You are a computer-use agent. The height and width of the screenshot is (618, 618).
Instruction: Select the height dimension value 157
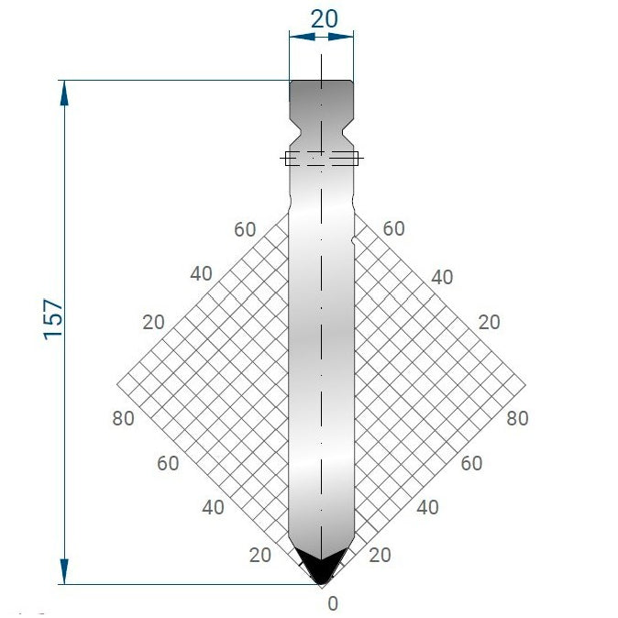(x=53, y=318)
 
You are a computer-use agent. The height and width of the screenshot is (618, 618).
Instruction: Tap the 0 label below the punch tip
(x=333, y=603)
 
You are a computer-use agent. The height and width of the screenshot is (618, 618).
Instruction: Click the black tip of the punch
(x=321, y=568)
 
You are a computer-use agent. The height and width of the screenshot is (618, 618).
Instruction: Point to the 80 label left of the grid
(x=123, y=418)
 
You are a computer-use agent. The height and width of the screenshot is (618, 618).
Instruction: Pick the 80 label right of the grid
(x=517, y=418)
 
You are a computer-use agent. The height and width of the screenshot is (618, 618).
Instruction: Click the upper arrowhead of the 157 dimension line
(x=64, y=89)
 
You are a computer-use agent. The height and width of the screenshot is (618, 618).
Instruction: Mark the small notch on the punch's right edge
(x=353, y=239)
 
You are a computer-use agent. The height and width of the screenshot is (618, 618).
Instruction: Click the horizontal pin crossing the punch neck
(x=321, y=159)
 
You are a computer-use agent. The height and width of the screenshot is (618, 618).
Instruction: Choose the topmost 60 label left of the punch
(x=245, y=229)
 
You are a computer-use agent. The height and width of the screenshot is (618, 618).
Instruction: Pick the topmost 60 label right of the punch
(x=393, y=229)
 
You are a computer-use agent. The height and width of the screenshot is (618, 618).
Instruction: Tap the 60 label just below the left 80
(x=168, y=463)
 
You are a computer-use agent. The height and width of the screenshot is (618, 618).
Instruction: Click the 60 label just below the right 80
(x=471, y=463)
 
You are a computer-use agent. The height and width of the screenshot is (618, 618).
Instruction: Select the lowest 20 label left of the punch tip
(x=260, y=554)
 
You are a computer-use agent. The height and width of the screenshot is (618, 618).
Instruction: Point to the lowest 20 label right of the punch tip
(x=380, y=554)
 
